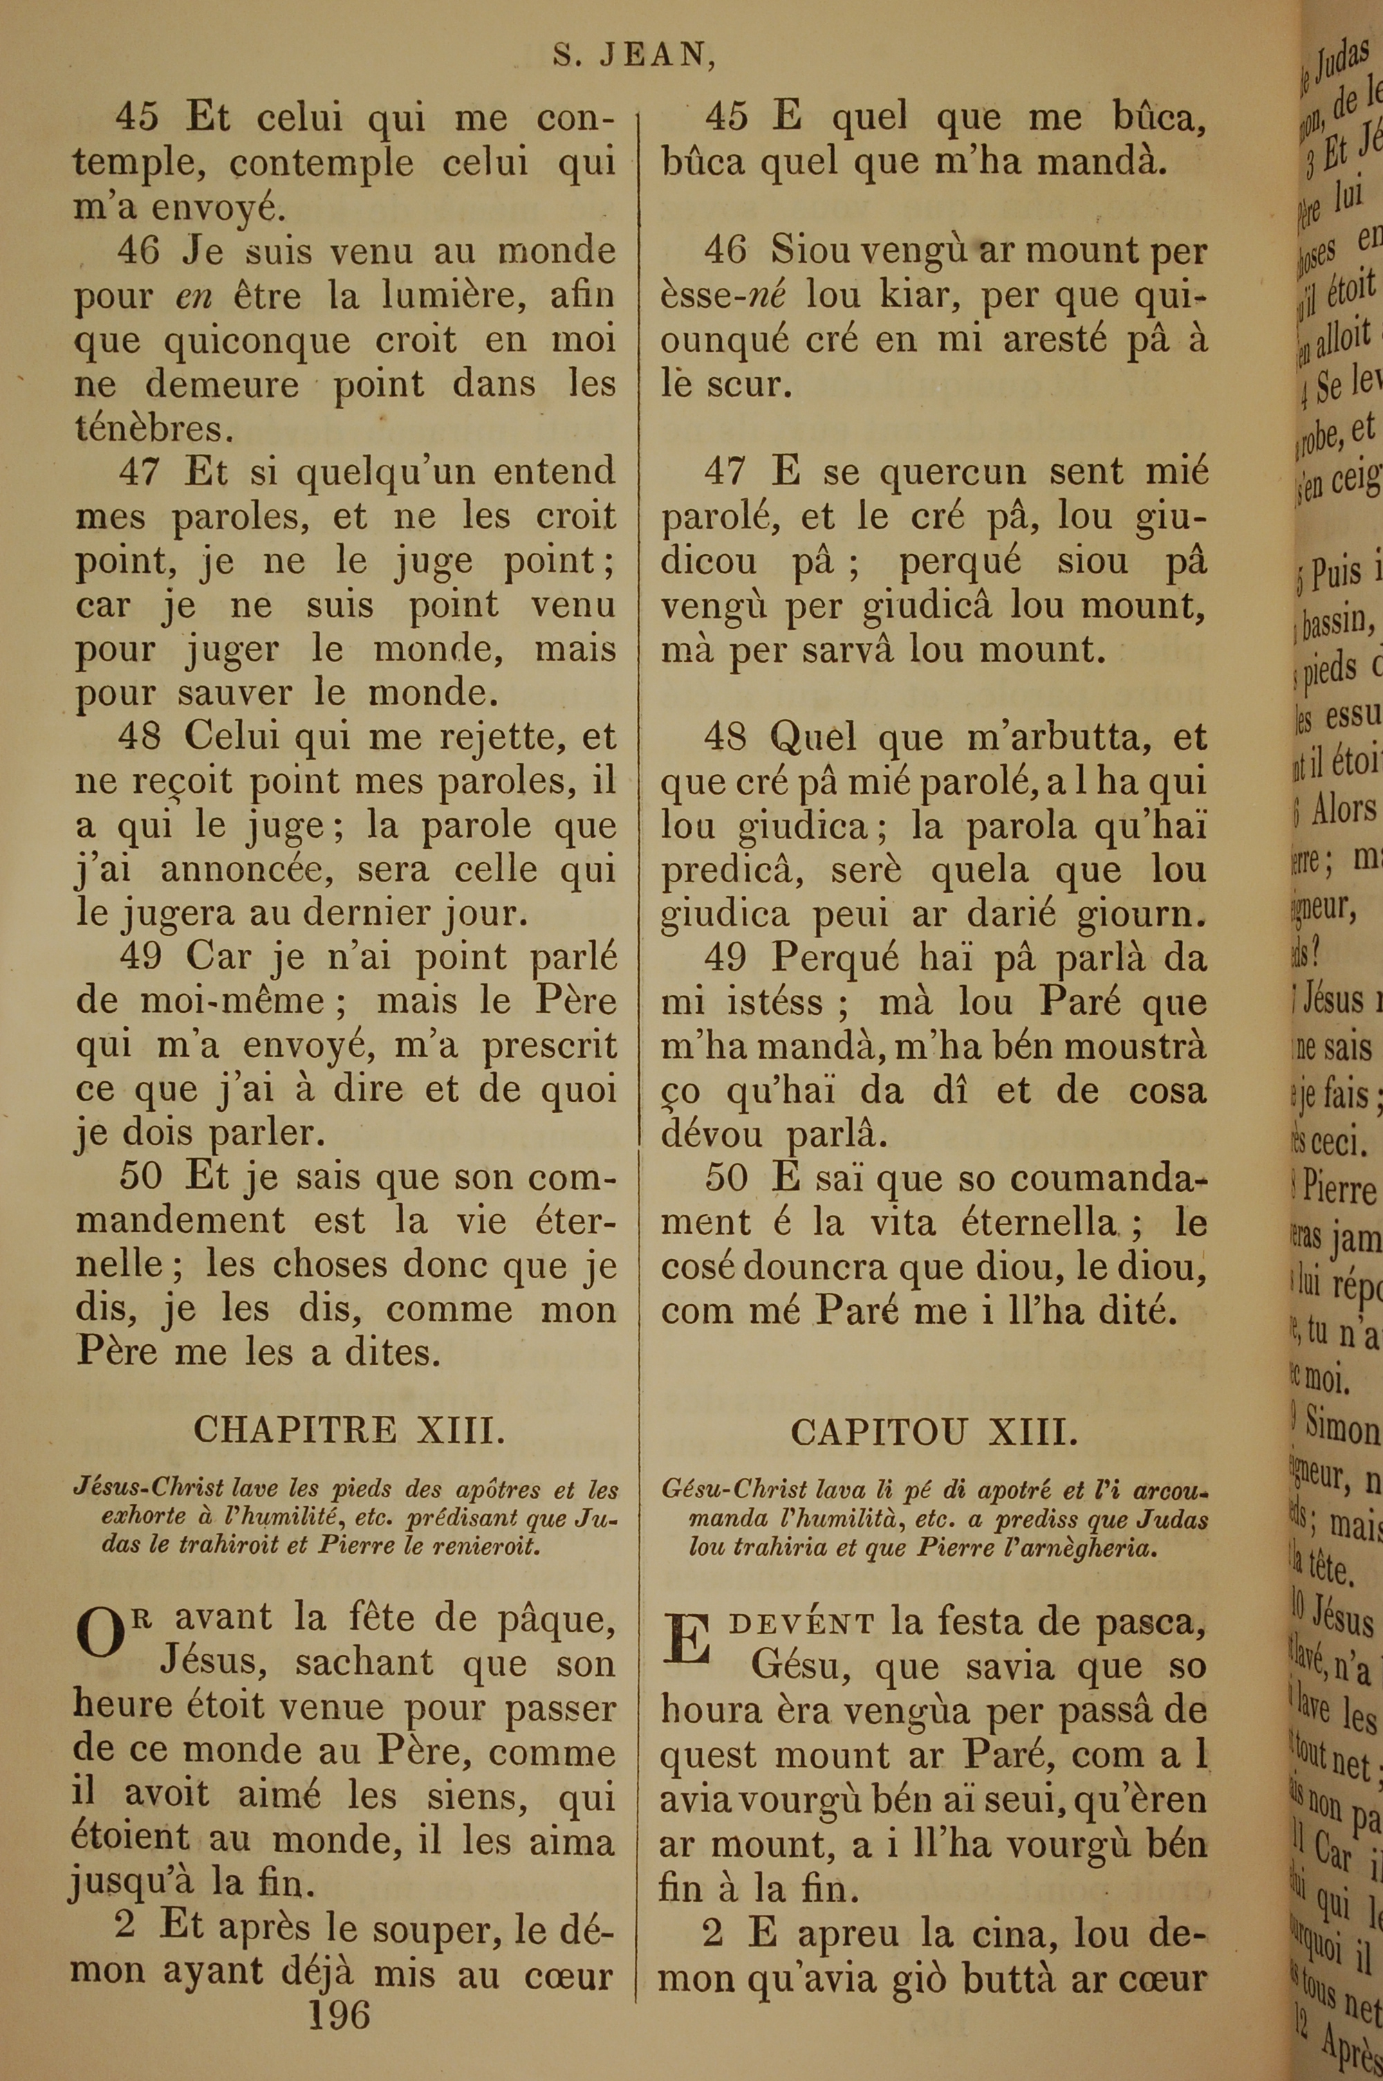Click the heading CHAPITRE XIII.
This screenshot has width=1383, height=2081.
[349, 1428]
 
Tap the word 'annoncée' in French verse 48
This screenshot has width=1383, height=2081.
[250, 870]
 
